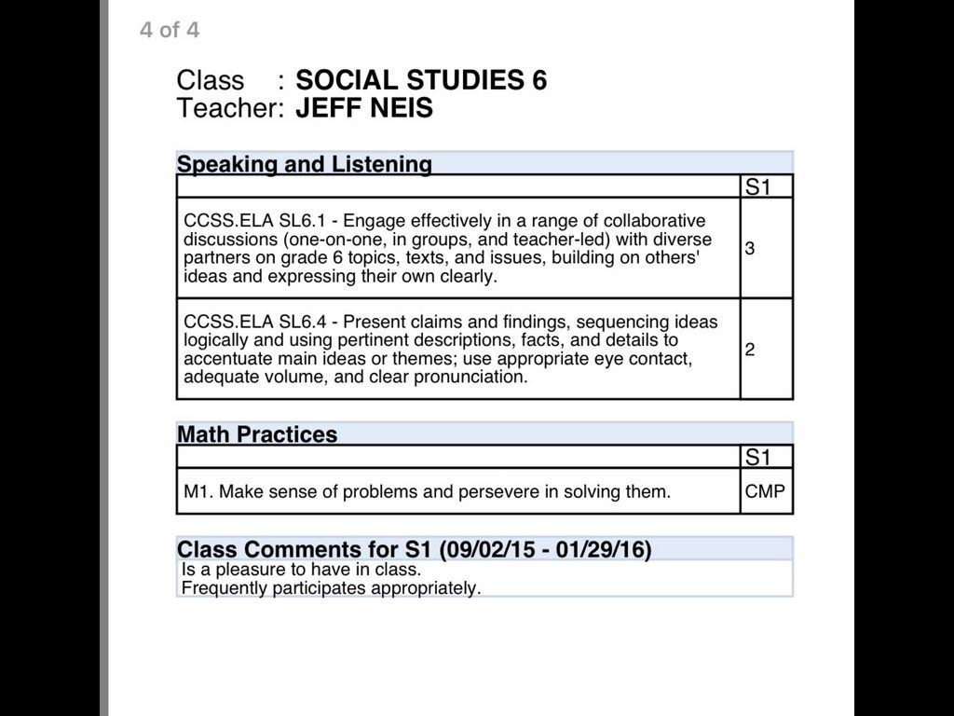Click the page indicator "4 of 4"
170,30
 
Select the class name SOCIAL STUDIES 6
421,80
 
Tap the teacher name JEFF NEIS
364,108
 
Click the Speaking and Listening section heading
305,164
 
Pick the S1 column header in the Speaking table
758,186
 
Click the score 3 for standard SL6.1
750,249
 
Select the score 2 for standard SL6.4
750,350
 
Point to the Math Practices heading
257,434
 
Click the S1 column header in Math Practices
758,457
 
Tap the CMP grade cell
765,491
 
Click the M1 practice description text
427,491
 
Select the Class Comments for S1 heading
414,549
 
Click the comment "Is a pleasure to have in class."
301,569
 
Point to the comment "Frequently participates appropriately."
331,588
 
